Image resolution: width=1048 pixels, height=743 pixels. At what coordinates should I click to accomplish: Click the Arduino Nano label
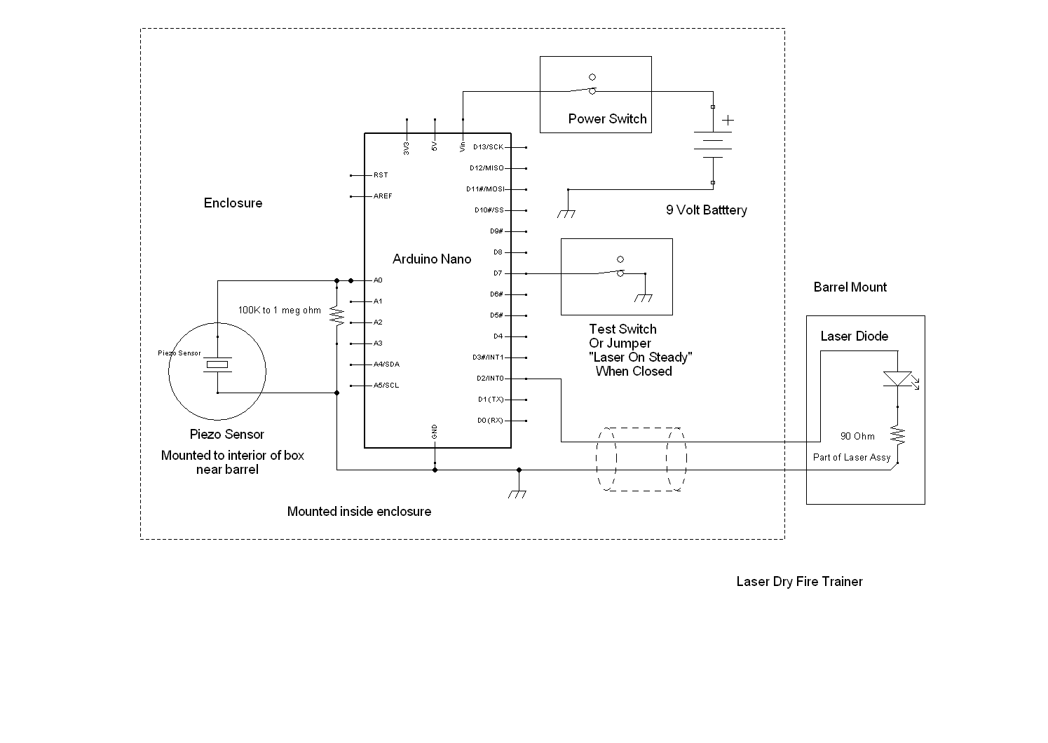click(431, 259)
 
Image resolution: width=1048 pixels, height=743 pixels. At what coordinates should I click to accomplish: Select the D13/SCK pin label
click(488, 147)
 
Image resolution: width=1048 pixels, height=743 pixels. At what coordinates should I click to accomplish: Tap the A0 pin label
click(378, 280)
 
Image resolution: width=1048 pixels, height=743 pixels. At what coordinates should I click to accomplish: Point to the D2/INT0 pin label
click(489, 379)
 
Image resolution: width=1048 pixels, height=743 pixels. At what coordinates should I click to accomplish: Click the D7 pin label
click(498, 273)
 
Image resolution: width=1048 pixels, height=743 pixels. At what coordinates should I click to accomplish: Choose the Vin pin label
click(463, 146)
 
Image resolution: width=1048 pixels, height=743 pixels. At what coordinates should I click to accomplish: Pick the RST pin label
click(381, 175)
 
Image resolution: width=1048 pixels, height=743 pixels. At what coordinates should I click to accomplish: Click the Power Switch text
click(607, 119)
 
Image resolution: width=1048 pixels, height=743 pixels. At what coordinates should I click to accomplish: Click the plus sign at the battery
click(728, 121)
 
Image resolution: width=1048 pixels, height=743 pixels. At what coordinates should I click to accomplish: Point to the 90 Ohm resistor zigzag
click(897, 436)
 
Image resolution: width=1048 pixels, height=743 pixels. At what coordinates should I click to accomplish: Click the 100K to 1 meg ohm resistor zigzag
click(336, 317)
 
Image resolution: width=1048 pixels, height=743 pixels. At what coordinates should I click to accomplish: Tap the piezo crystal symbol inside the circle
click(217, 364)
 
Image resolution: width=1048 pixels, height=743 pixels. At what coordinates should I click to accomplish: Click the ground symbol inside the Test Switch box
click(644, 297)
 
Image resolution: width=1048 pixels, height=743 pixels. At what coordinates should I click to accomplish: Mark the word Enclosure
click(233, 203)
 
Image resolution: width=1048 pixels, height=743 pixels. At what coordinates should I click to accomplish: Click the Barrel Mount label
click(850, 287)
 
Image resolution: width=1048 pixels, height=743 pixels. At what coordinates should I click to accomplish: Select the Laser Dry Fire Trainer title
click(799, 582)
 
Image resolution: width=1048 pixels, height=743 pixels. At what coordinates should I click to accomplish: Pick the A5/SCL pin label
click(386, 386)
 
